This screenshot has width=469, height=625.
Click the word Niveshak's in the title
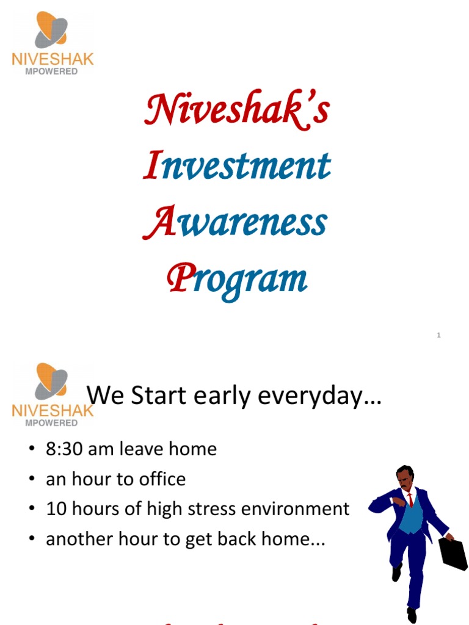(x=238, y=110)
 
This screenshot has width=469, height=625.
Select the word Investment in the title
(x=237, y=165)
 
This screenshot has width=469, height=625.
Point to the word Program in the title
(x=237, y=280)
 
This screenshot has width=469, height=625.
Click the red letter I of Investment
(x=151, y=165)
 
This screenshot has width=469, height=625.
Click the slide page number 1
(x=438, y=334)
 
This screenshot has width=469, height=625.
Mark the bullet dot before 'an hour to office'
(x=32, y=480)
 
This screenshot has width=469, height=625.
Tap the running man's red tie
(x=410, y=500)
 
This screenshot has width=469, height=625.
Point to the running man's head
(x=404, y=475)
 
